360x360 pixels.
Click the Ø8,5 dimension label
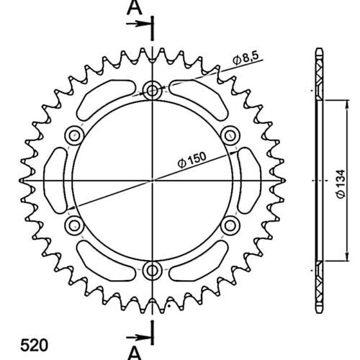(246, 58)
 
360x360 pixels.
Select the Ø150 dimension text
(192, 160)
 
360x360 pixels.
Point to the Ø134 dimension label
(341, 184)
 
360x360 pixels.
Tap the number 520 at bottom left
(34, 346)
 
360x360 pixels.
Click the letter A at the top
(135, 8)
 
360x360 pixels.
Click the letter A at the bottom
(135, 354)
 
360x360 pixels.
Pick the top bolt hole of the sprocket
(152, 91)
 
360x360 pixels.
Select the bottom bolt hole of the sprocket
(152, 271)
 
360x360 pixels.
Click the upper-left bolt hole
(74, 135)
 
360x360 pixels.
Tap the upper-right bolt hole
(230, 135)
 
